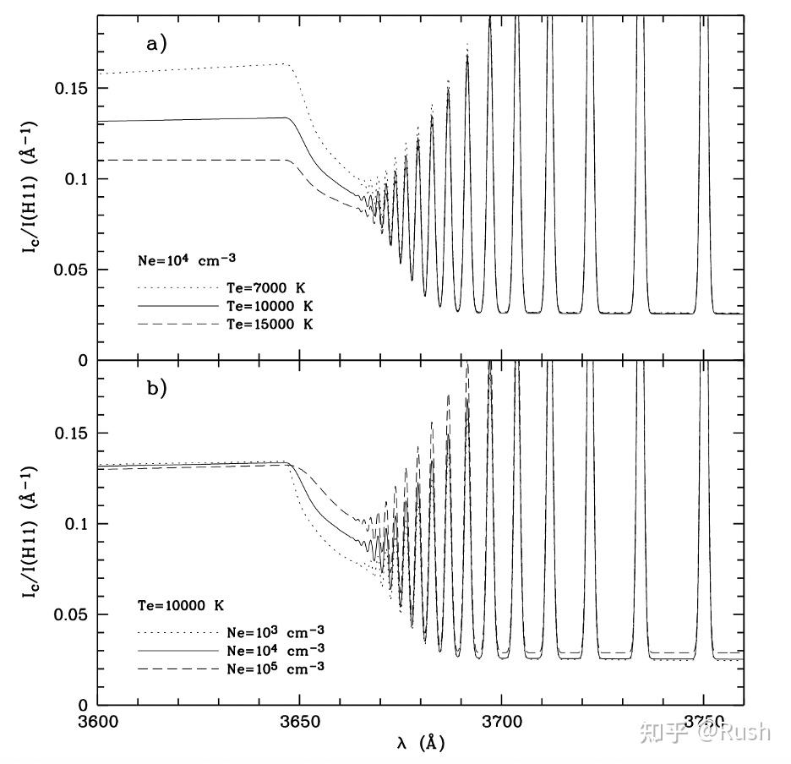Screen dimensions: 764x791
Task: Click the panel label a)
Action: (x=158, y=44)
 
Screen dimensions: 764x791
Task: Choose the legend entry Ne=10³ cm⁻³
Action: (x=276, y=631)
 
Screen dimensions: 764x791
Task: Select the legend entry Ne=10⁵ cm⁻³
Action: (x=276, y=667)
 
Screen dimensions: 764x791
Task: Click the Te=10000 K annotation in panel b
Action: (x=181, y=605)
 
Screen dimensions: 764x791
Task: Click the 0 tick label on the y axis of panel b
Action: (x=83, y=705)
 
